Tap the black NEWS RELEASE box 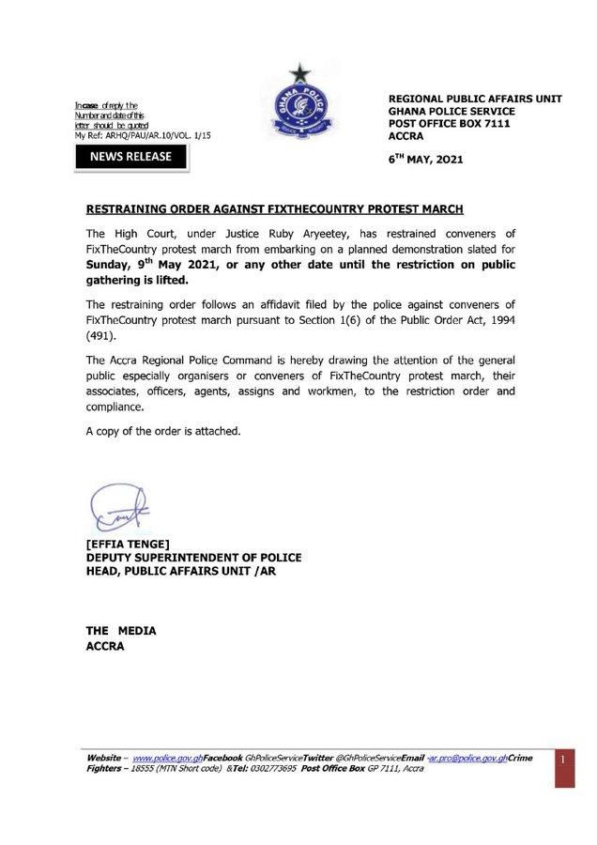(130, 156)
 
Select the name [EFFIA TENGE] (127, 544)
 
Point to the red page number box (559, 759)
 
